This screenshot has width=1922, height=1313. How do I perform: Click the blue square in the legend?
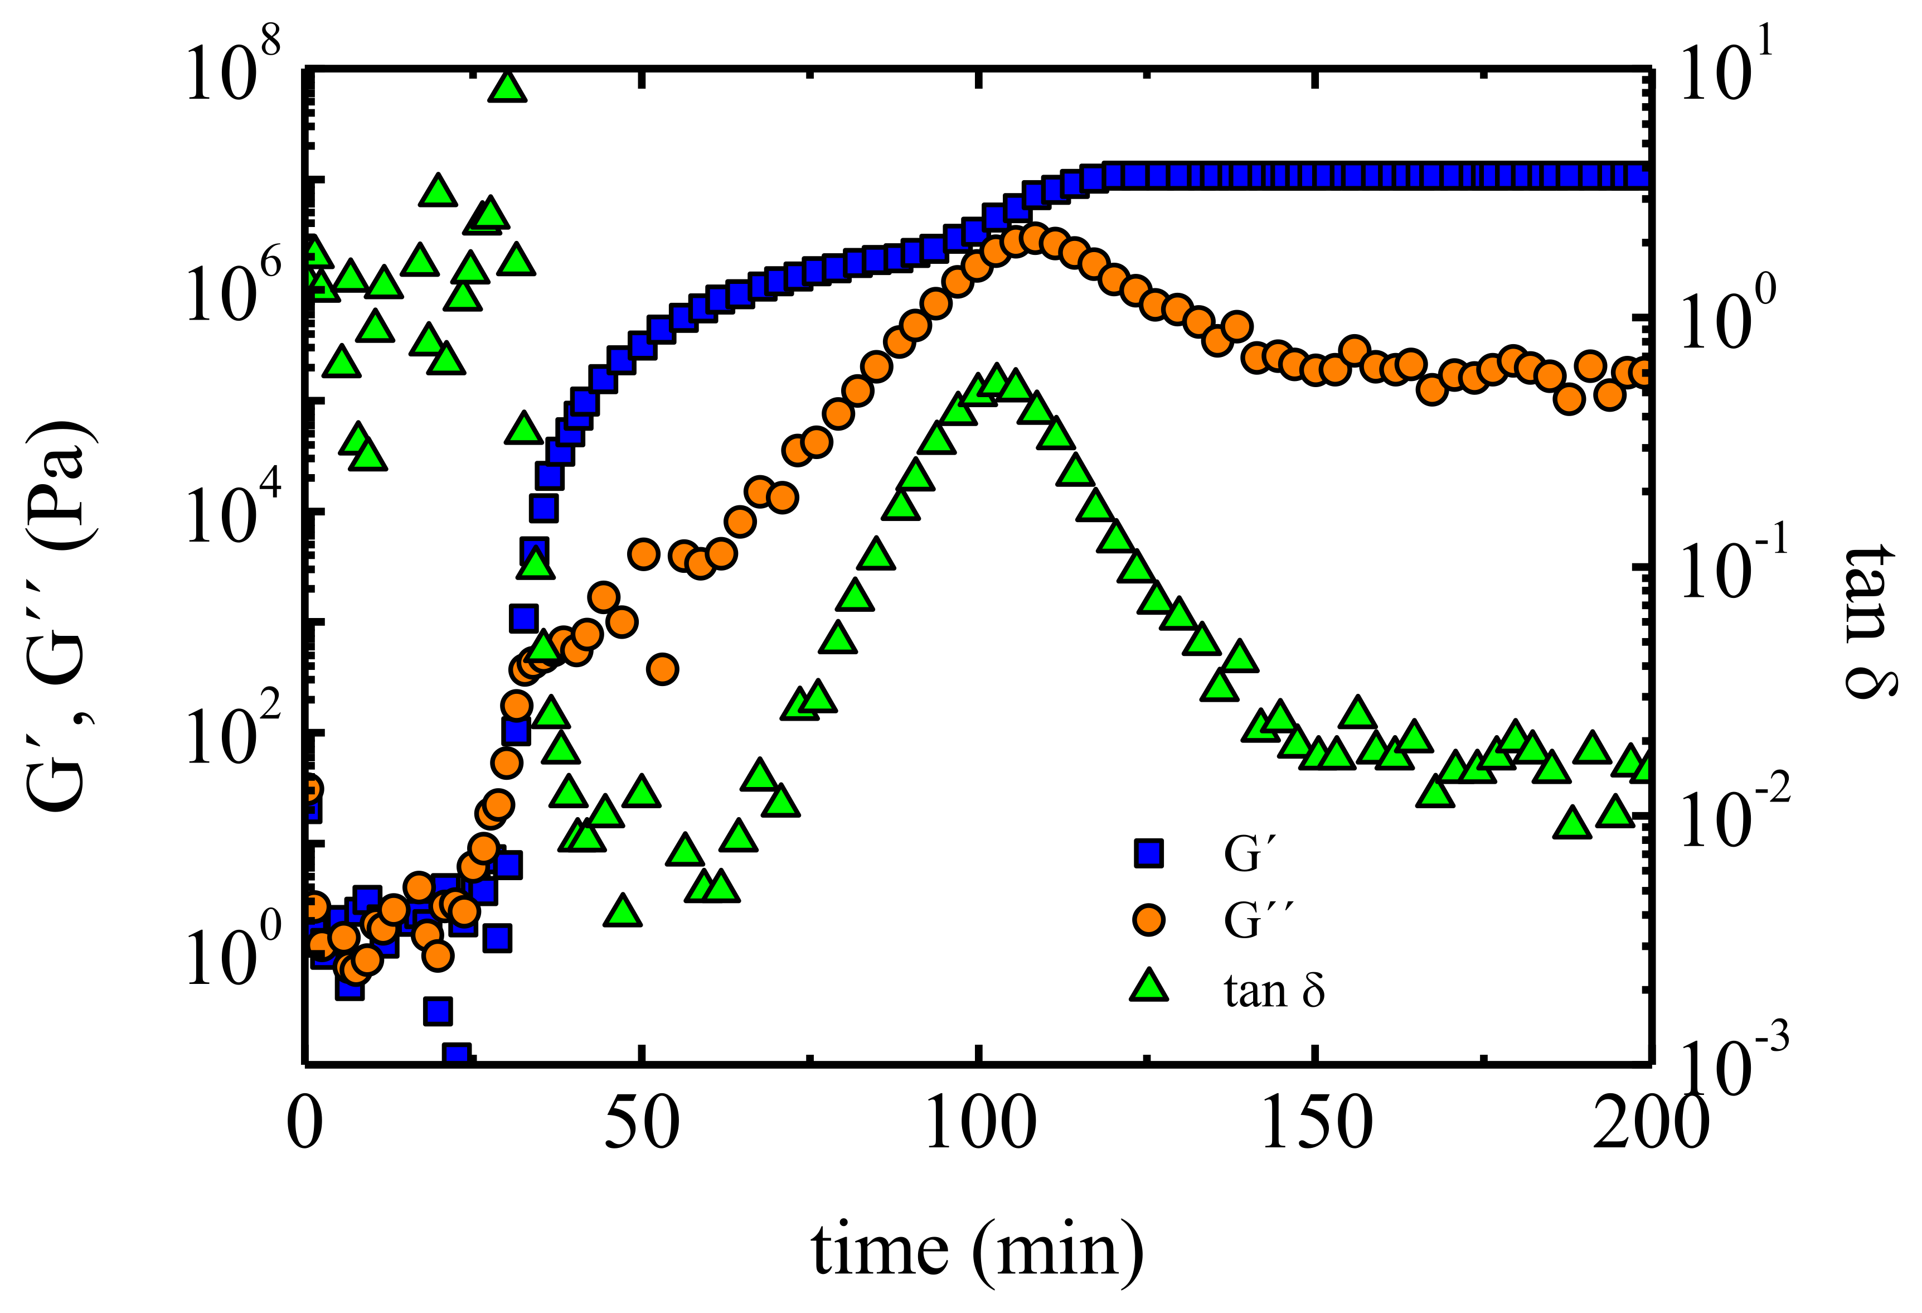(1149, 854)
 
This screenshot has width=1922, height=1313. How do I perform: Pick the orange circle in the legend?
(1149, 920)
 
